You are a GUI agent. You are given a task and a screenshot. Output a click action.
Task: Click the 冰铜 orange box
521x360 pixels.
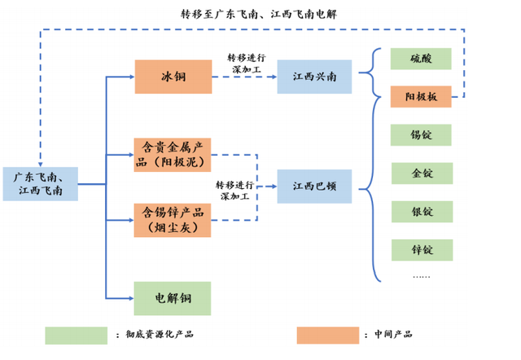(x=173, y=77)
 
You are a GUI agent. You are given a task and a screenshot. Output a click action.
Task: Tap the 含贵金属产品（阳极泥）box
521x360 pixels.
(x=172, y=155)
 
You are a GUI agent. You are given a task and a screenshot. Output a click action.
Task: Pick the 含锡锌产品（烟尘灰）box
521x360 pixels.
(x=172, y=220)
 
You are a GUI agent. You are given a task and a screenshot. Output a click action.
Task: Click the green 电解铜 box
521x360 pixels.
(x=172, y=298)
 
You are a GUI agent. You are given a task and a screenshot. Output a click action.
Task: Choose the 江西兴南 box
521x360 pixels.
(x=314, y=77)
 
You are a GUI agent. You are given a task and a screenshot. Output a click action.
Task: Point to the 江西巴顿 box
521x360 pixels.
(x=314, y=187)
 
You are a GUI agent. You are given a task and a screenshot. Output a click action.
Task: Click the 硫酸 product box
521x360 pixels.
(x=421, y=59)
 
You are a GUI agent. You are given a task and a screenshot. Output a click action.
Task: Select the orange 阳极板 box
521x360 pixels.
(x=421, y=96)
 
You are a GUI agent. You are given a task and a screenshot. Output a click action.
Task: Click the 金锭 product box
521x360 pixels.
(x=421, y=173)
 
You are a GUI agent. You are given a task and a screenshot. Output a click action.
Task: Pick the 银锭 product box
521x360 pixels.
(x=421, y=212)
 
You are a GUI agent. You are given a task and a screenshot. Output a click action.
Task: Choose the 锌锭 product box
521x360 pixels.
(x=421, y=250)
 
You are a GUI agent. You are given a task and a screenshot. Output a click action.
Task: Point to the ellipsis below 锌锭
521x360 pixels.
(x=421, y=275)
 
